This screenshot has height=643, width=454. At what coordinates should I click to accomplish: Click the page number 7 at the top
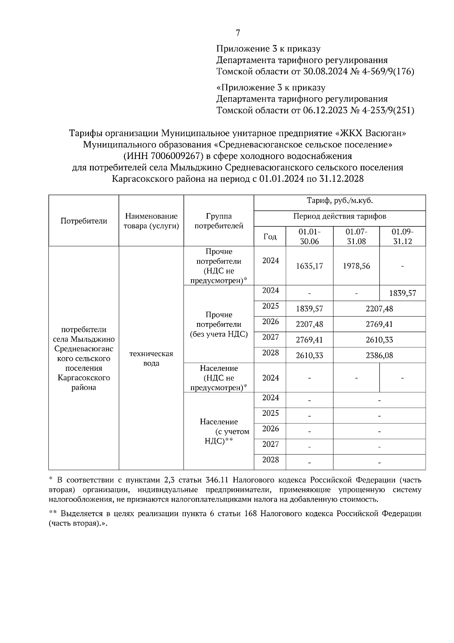pyautogui.click(x=238, y=33)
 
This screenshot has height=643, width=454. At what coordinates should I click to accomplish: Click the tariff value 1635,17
pyautogui.click(x=309, y=266)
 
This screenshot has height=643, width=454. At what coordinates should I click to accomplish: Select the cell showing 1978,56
pyautogui.click(x=356, y=266)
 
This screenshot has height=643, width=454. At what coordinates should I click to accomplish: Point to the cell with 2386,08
pyautogui.click(x=379, y=356)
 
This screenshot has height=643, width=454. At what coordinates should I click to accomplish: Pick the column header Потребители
pyautogui.click(x=84, y=221)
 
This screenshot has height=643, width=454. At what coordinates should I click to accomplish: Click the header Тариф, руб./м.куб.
pyautogui.click(x=340, y=201)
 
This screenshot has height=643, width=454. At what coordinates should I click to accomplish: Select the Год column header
pyautogui.click(x=270, y=237)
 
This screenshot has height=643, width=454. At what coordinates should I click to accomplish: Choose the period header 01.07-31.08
pyautogui.click(x=356, y=236)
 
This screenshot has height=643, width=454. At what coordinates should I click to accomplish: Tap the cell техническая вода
pyautogui.click(x=151, y=358)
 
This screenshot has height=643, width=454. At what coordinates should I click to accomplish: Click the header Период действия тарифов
pyautogui.click(x=340, y=217)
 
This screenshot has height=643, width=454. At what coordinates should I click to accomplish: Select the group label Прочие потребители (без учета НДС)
pyautogui.click(x=219, y=325)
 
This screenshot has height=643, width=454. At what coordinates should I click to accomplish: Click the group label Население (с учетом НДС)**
pyautogui.click(x=219, y=431)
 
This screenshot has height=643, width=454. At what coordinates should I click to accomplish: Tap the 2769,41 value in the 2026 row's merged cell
pyautogui.click(x=379, y=325)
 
